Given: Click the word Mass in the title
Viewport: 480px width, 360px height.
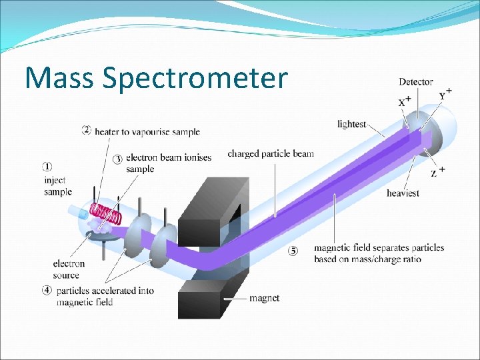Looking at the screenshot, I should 60,77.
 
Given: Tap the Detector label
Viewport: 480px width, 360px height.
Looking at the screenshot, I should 416,82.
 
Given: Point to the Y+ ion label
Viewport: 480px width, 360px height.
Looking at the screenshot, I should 445,94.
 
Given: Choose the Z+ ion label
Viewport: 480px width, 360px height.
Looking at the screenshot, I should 437,173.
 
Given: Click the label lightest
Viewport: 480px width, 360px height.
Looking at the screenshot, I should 351,124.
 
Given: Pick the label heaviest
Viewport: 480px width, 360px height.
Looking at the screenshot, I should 403,193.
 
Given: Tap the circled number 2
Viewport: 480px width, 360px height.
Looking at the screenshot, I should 87,129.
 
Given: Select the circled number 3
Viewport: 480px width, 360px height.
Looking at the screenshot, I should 117,159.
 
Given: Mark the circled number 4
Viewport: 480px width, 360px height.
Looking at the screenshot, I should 47,290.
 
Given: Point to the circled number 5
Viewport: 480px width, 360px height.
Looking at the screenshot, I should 293,251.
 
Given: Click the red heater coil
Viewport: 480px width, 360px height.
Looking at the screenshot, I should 108,214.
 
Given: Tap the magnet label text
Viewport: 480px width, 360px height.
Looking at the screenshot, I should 265,298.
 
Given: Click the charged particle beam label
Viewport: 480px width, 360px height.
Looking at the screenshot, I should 270,154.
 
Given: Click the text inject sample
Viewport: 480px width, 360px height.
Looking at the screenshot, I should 57,186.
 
